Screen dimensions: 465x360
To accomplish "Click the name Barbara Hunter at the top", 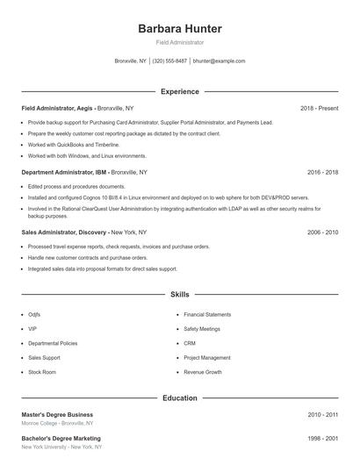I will coord(180,28).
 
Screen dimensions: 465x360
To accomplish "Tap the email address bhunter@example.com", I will coord(219,61).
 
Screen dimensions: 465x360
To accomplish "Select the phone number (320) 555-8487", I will coord(169,61).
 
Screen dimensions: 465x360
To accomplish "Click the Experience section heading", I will coord(180,91).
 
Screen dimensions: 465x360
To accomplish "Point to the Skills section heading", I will coord(180,295).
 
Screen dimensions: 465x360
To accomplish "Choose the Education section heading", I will coord(180,397).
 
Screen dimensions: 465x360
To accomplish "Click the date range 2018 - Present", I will coord(319,108).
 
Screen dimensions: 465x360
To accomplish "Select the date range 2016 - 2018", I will coord(322,173).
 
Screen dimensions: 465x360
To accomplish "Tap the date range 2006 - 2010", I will coord(322,232).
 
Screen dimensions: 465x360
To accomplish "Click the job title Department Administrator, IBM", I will coord(64,173).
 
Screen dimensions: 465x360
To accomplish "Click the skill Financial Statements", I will coord(207,314).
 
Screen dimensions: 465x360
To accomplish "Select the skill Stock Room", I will coord(42,372).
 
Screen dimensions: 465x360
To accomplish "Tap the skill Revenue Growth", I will coord(203,372).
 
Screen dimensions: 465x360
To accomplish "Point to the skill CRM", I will coord(190,343).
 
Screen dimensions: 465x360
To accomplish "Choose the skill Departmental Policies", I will coord(53,343).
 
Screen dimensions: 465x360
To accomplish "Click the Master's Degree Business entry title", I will coord(57,414).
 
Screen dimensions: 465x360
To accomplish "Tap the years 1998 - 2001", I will coord(322,438).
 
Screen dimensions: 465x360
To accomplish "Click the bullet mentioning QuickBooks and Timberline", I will coord(73,145).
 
